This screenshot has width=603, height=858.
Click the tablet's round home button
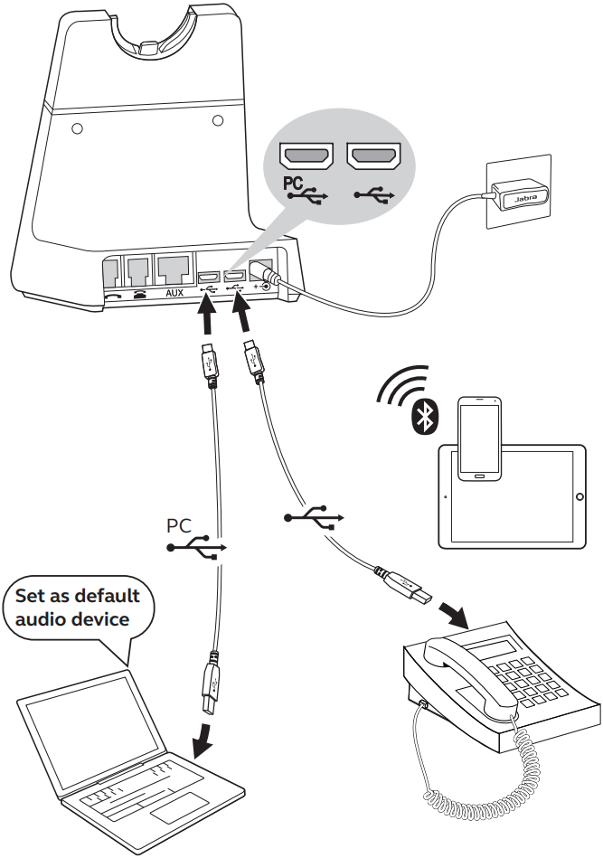[x=579, y=497]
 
